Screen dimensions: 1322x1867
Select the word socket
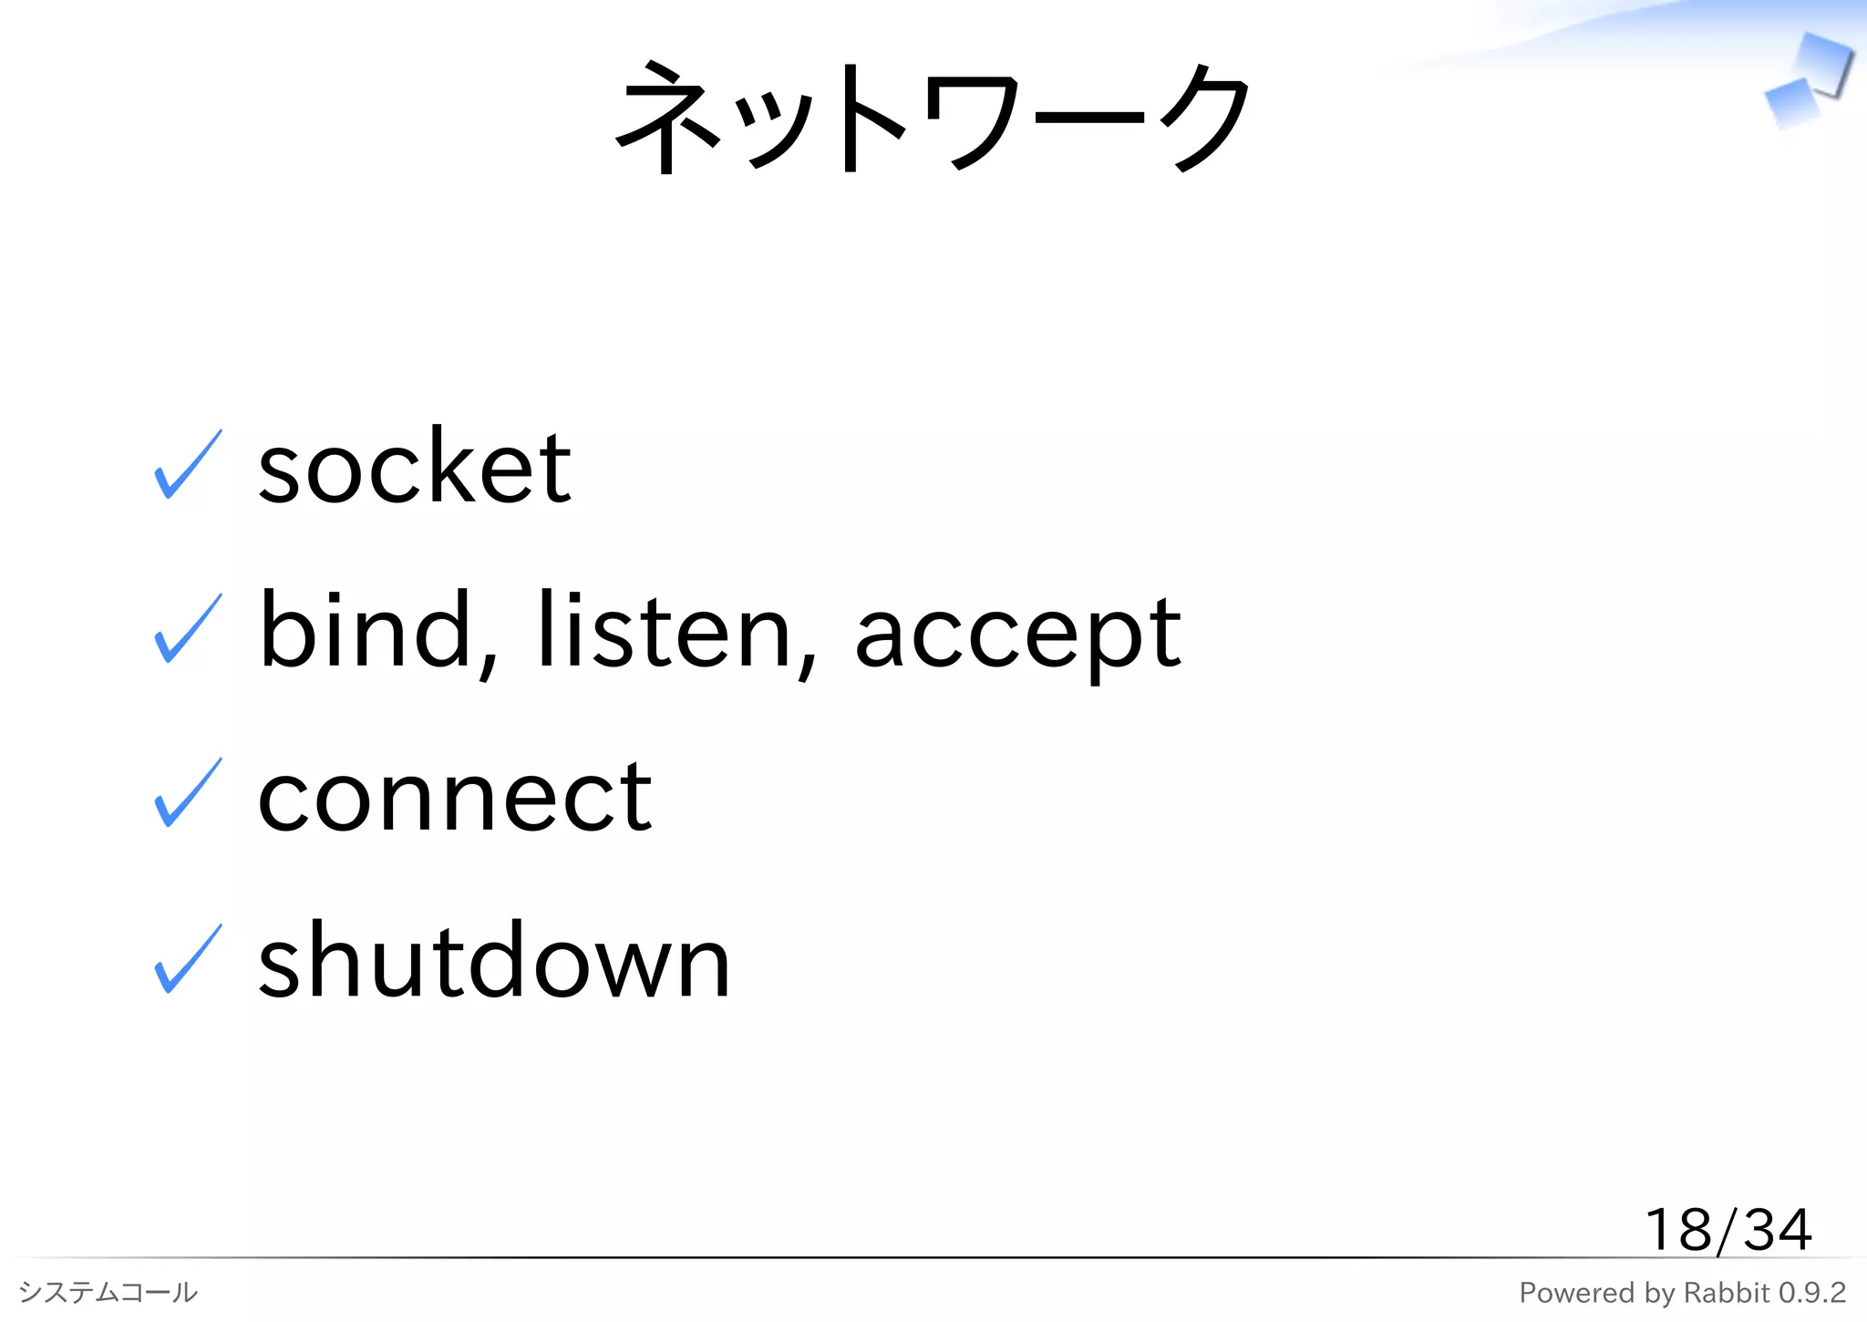click(x=415, y=467)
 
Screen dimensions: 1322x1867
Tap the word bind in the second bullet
click(x=365, y=631)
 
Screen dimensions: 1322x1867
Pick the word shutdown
click(x=494, y=961)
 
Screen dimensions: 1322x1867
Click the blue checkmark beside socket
click(x=188, y=465)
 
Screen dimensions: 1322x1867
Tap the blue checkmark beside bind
click(x=188, y=629)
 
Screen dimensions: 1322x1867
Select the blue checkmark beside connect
click(x=188, y=794)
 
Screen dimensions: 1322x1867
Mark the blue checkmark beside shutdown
click(x=188, y=959)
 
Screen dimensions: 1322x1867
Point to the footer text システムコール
click(x=108, y=1292)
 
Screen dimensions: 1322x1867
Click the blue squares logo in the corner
click(x=1809, y=80)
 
